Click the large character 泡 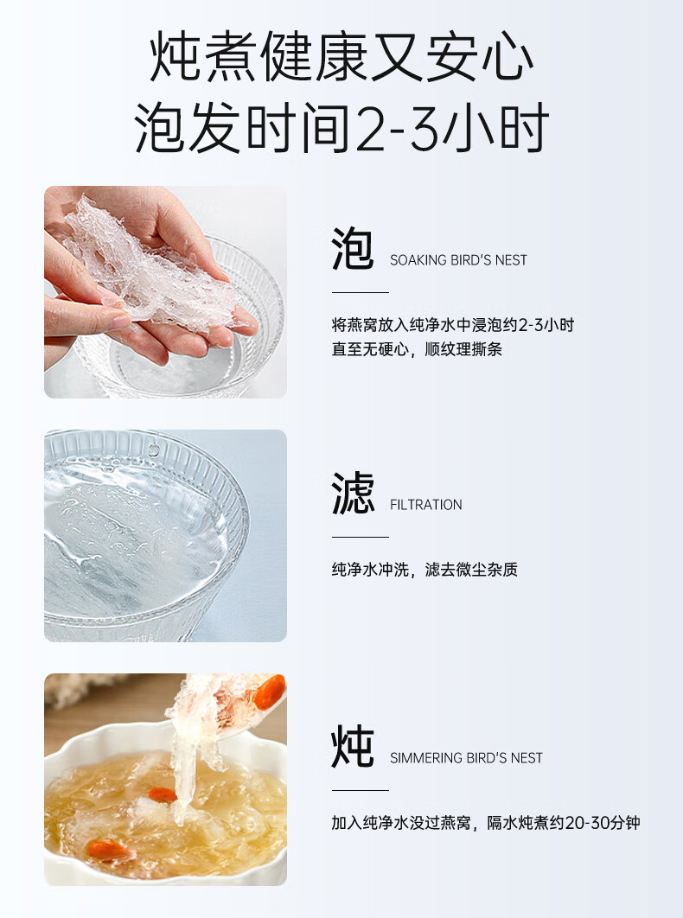(x=353, y=249)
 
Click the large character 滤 (x=353, y=493)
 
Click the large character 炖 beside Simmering (x=353, y=746)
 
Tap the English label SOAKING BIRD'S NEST (x=458, y=260)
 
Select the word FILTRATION (x=426, y=505)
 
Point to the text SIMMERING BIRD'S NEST (x=466, y=758)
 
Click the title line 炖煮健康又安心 (x=341, y=57)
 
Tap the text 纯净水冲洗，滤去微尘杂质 (x=424, y=570)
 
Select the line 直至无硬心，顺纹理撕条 (x=417, y=349)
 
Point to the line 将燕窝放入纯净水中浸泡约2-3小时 (x=453, y=325)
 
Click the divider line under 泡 (x=361, y=292)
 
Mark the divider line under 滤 (x=361, y=537)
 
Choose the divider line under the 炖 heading (x=361, y=790)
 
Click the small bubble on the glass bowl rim (x=154, y=450)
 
